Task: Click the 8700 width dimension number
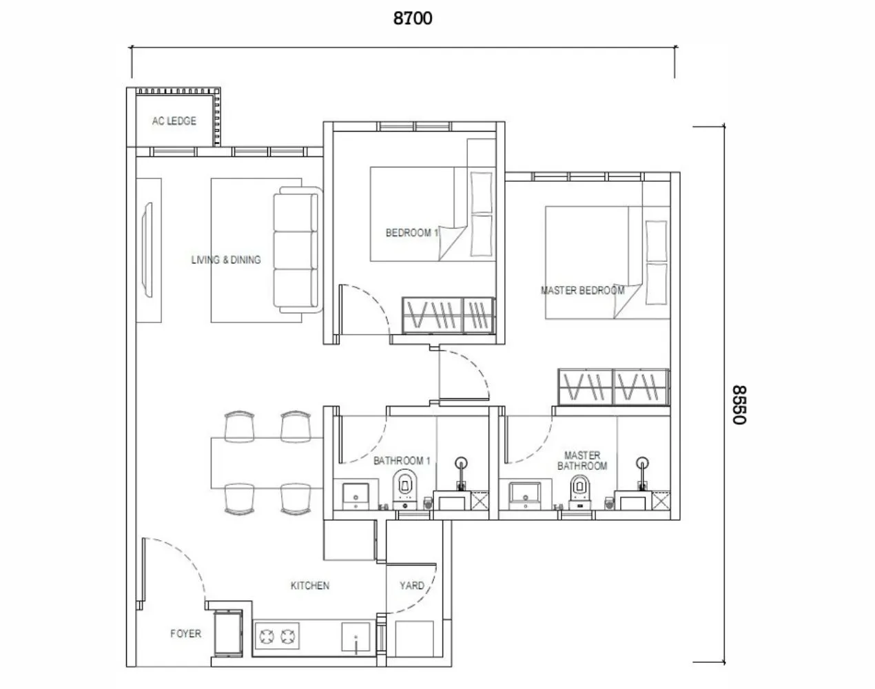pyautogui.click(x=413, y=18)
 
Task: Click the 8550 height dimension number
pyautogui.click(x=739, y=404)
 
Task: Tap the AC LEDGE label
pyautogui.click(x=174, y=121)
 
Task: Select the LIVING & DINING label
pyautogui.click(x=226, y=260)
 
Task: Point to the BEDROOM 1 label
pyautogui.click(x=411, y=233)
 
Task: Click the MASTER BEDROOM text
pyautogui.click(x=582, y=290)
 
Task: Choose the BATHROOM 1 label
pyautogui.click(x=402, y=460)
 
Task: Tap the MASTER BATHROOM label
pyautogui.click(x=582, y=460)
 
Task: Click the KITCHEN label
pyautogui.click(x=310, y=586)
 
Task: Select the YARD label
pyautogui.click(x=412, y=586)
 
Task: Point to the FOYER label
pyautogui.click(x=186, y=633)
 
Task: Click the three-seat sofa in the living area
pyautogui.click(x=297, y=251)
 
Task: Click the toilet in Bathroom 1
pyautogui.click(x=404, y=487)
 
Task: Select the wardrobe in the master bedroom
pyautogui.click(x=612, y=387)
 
